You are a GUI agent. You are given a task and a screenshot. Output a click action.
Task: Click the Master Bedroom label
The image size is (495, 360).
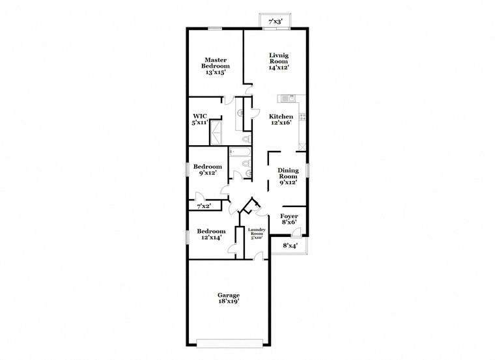point(215,65)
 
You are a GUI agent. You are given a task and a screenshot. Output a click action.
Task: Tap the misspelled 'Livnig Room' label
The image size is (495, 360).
point(279,61)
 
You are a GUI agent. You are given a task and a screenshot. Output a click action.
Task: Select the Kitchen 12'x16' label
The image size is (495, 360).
point(281,120)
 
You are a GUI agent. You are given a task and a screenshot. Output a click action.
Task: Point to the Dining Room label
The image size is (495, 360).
point(288,176)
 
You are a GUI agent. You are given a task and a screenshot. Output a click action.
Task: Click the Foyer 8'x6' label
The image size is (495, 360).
point(289,219)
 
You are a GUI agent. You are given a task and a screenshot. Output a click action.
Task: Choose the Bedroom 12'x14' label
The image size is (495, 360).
point(212,234)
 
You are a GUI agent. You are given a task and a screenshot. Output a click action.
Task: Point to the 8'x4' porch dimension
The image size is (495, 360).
point(290,245)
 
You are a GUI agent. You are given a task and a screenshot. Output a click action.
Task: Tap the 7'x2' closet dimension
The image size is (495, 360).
point(204,206)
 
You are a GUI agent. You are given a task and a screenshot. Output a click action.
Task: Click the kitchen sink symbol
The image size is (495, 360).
point(287,98)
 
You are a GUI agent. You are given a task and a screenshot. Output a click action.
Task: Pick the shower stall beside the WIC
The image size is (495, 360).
point(216,135)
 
